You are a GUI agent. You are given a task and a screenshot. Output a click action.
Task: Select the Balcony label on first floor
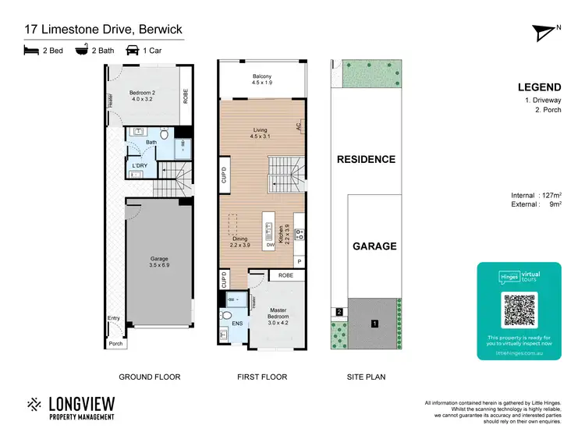click(x=261, y=79)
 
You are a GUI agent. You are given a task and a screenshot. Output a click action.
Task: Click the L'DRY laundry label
click(x=140, y=165)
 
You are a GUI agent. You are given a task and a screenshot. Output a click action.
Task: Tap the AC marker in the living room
click(x=298, y=126)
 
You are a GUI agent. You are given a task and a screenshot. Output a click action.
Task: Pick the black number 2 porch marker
click(x=339, y=312)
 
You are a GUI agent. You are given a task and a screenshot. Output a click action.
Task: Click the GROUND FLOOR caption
click(x=149, y=377)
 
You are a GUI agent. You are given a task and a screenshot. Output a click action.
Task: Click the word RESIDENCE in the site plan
click(x=366, y=159)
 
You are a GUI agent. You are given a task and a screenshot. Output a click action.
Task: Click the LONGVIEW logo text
click(x=82, y=403)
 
